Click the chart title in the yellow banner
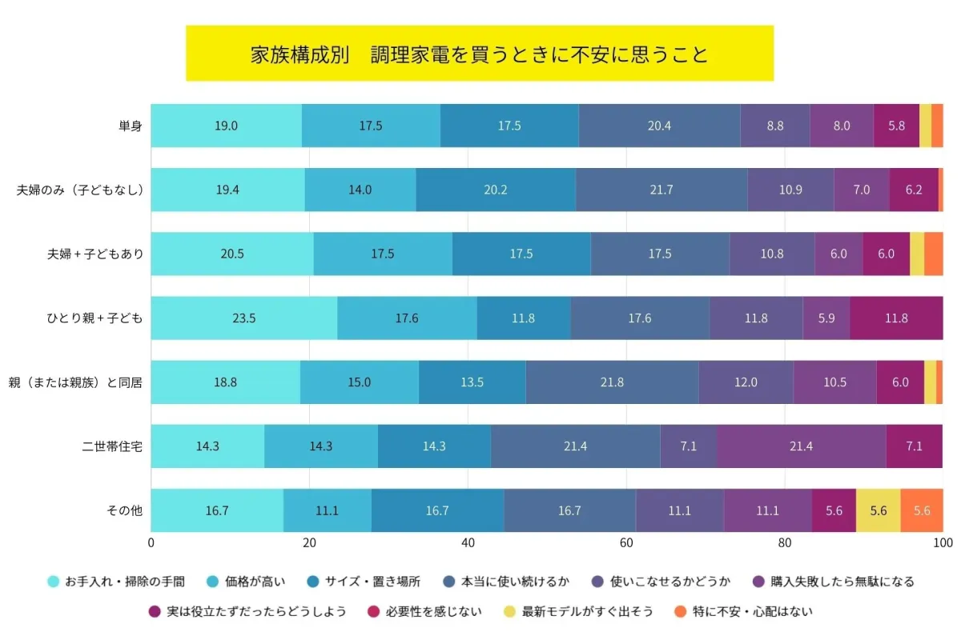point(479,54)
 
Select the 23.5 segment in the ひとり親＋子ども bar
point(243,318)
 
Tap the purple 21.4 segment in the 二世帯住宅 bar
point(801,446)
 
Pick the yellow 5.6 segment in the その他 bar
point(878,510)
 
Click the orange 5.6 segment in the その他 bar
point(922,510)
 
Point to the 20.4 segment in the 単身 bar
point(659,126)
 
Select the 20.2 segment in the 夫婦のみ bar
point(496,190)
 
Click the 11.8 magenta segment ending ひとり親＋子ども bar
point(896,318)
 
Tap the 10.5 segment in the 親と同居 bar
point(834,382)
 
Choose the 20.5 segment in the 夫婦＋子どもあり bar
point(232,254)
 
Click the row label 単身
point(130,126)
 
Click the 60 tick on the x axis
point(627,543)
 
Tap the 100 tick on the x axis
point(943,543)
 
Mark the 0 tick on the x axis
point(151,543)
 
